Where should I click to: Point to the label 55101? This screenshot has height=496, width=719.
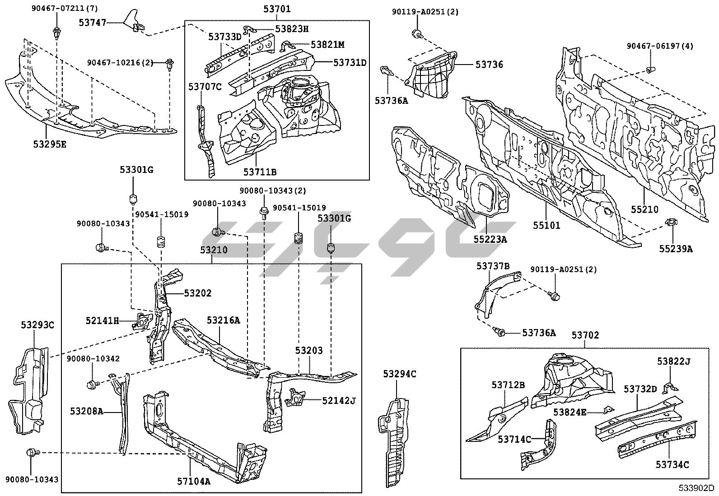click(546, 224)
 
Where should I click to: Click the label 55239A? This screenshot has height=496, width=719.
click(675, 248)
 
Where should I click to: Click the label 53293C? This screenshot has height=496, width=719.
click(37, 324)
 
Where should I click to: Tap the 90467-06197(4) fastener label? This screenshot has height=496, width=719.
click(660, 46)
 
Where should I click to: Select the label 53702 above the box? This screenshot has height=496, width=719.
click(585, 335)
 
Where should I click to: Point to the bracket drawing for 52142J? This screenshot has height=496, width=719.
click(295, 399)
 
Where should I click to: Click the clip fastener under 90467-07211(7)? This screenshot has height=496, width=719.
click(57, 32)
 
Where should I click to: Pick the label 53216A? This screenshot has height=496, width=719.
click(224, 320)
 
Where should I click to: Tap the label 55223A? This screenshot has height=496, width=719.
click(490, 239)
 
